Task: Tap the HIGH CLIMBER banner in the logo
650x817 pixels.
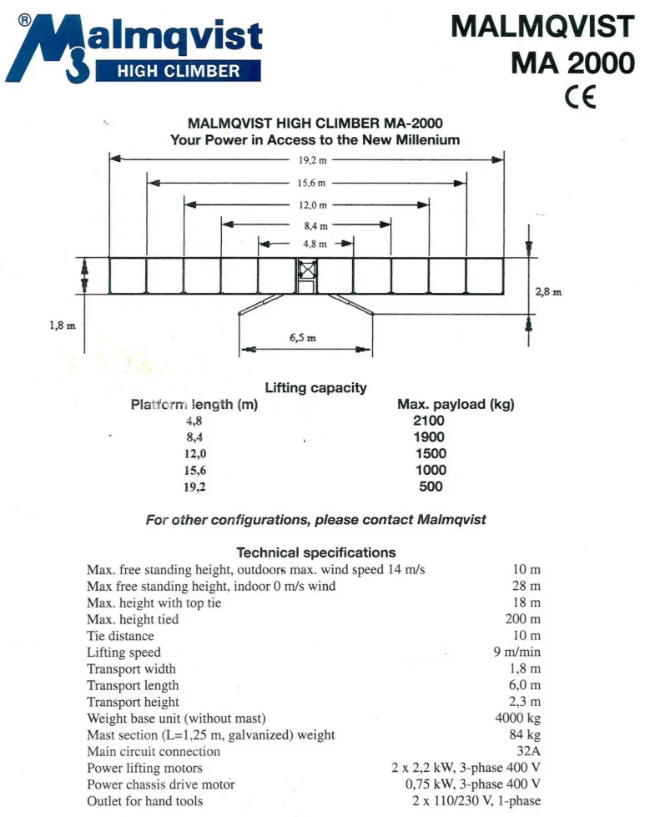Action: pos(179,70)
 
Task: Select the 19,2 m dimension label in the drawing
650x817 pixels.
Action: pos(307,158)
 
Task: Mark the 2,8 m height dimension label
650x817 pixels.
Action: pos(548,292)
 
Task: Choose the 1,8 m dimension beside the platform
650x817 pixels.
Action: pos(62,324)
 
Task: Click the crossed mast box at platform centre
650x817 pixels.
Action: pos(308,271)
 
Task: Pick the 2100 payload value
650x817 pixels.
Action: pos(430,421)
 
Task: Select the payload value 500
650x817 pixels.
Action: pos(430,487)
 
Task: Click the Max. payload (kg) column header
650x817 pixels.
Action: pos(455,405)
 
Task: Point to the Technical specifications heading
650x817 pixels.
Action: pos(316,552)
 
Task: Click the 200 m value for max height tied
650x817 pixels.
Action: pos(522,619)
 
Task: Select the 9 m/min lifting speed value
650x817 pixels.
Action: pos(516,653)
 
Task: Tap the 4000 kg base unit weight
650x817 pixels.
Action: pos(517,719)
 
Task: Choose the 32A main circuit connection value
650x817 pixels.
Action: pos(528,752)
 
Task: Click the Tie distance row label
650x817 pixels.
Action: pos(120,636)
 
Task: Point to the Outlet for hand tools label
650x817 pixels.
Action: pos(144,801)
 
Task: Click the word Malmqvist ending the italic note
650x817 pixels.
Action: pos(451,520)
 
